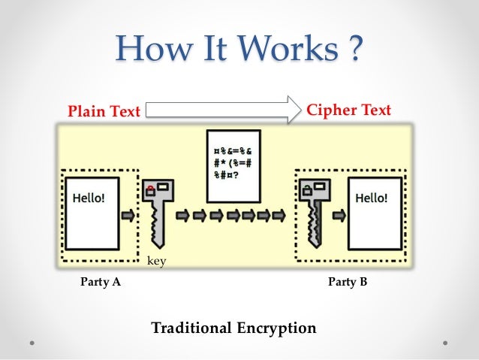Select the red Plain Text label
point(104,112)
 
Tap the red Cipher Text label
point(349,110)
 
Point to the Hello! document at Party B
point(371,213)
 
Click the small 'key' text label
point(155,261)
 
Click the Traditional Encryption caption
point(233,328)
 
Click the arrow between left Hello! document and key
point(129,215)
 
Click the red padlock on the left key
point(151,190)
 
